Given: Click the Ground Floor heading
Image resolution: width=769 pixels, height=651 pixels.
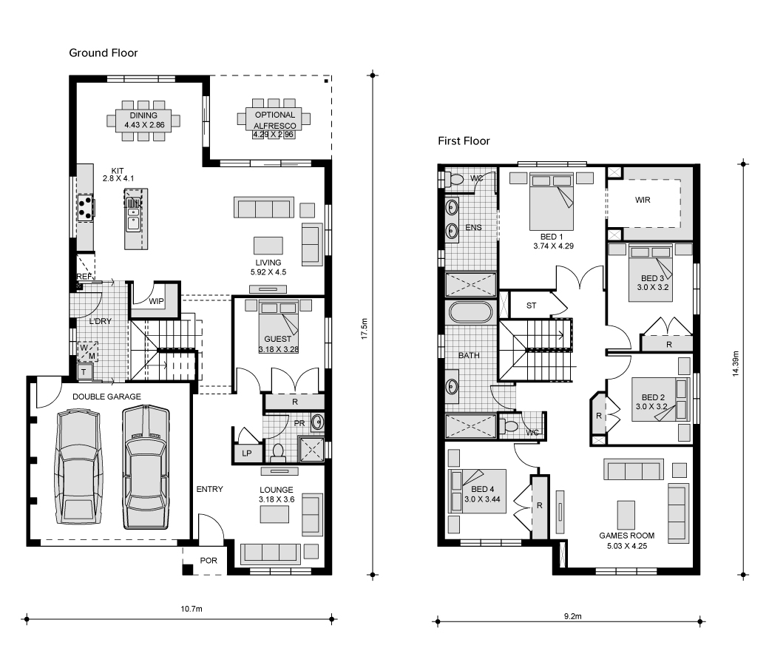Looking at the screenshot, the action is [x=103, y=53].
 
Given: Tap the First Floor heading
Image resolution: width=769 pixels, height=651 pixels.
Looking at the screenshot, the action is [x=464, y=141].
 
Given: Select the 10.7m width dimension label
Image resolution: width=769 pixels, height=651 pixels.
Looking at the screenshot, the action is [x=192, y=609].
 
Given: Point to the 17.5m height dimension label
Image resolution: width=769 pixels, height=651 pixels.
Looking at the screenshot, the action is [x=364, y=328].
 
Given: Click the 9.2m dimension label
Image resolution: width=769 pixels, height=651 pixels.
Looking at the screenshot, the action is [x=572, y=616].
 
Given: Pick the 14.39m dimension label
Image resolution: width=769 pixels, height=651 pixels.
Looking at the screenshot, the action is [x=735, y=363].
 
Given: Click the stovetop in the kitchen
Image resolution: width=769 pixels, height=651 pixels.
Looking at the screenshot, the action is [x=85, y=207].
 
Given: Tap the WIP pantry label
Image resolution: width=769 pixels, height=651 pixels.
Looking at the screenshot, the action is [x=157, y=301].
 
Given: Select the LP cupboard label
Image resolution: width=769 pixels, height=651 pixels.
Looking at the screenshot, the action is [x=247, y=453].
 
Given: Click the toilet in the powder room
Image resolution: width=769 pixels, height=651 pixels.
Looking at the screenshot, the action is [x=278, y=453].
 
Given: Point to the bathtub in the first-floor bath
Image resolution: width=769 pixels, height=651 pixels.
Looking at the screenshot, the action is [x=470, y=312].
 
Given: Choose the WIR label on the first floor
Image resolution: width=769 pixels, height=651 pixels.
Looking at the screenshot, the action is [x=643, y=200].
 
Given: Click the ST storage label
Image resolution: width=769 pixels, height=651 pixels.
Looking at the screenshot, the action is [x=531, y=306].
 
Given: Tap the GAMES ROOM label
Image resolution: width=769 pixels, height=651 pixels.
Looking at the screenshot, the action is [x=627, y=536].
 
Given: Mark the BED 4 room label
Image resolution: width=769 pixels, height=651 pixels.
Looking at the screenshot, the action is [x=483, y=489].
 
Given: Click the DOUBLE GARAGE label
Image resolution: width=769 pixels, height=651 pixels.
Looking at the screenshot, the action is [x=106, y=397].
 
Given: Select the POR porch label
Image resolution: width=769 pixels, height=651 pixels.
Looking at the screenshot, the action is [x=209, y=560].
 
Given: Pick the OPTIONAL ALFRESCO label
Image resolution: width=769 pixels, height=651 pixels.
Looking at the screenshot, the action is [x=274, y=120].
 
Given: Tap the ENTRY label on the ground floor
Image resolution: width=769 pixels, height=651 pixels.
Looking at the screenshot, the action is [x=209, y=489].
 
